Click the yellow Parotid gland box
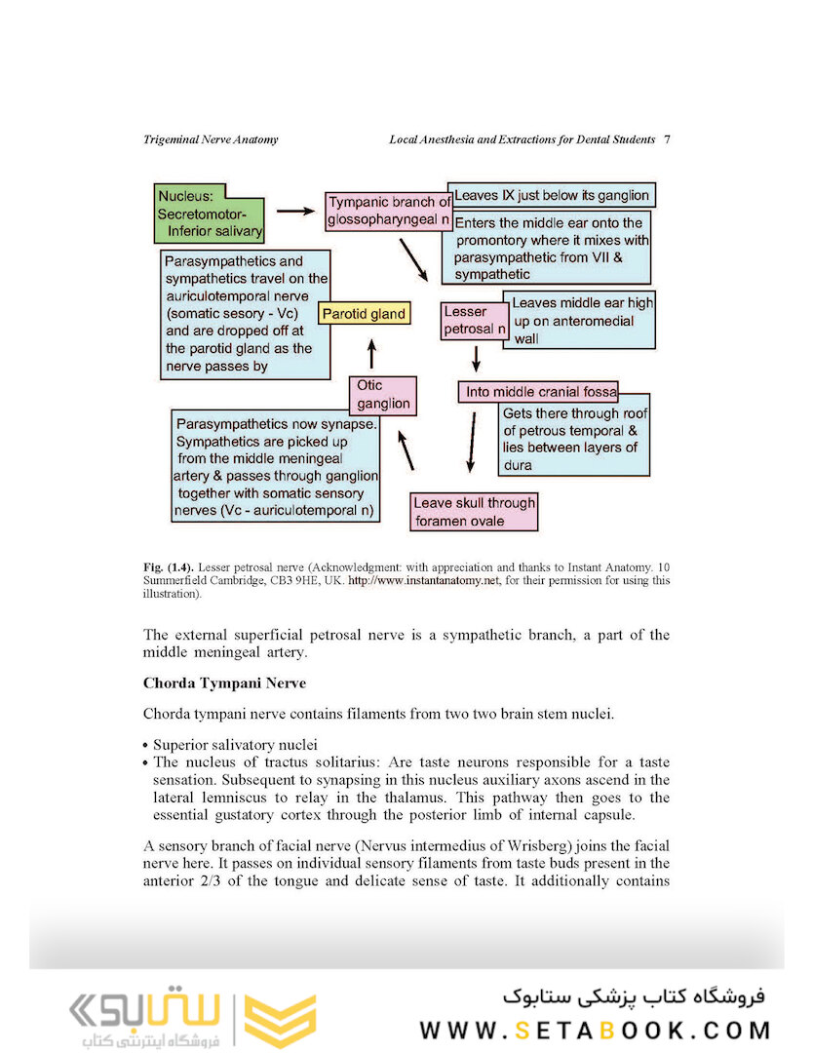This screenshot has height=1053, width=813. [x=364, y=314]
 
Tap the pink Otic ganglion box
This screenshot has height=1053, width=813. [x=383, y=395]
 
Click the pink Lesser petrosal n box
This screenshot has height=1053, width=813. [x=474, y=321]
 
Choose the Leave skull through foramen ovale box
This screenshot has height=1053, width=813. [x=474, y=512]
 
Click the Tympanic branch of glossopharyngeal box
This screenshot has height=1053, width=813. [x=388, y=212]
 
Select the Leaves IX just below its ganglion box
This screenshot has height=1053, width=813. [x=551, y=195]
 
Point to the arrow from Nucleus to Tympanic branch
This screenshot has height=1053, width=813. [x=294, y=210]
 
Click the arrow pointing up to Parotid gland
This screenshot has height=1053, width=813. [x=370, y=353]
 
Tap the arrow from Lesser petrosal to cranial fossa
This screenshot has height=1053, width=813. [x=476, y=359]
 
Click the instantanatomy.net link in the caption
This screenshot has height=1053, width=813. [x=424, y=581]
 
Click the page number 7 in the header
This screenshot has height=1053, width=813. [x=666, y=139]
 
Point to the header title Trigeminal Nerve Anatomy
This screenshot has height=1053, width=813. [x=211, y=139]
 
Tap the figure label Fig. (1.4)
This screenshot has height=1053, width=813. [x=168, y=567]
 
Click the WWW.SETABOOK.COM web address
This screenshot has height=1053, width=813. [x=595, y=1030]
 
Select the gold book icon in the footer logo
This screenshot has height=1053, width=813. [x=280, y=1020]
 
